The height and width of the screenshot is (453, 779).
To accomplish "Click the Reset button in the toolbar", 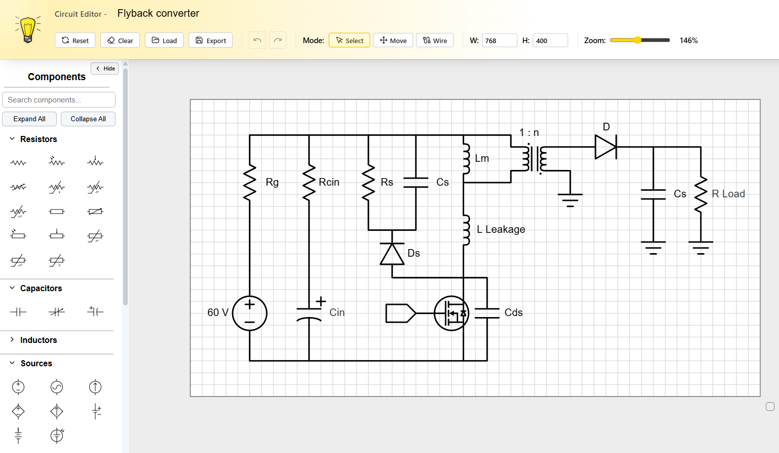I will point(75,41).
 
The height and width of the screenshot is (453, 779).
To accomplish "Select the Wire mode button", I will point(435,41).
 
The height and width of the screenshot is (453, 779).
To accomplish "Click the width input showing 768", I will point(499,41).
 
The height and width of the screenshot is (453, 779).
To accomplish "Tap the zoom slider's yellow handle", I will point(638,40).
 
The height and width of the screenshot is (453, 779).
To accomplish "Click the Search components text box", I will point(59,100).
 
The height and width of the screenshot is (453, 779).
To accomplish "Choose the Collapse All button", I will point(88,119).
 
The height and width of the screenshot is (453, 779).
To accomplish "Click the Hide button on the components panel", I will point(105,68).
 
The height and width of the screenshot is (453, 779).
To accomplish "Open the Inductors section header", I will point(39,340).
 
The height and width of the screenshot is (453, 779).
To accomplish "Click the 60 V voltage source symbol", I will point(249,313).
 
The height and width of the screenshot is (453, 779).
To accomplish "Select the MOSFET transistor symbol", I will point(451,313).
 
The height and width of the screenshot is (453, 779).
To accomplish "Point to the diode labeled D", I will point(605,147).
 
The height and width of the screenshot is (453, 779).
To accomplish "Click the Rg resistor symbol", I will point(249,183).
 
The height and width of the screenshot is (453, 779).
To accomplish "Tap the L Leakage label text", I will point(501,229).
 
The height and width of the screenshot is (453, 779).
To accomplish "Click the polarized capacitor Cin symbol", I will point(309,313).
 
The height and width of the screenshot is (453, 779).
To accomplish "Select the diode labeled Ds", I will point(392,254).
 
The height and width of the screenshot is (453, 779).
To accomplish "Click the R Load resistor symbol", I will point(700,194).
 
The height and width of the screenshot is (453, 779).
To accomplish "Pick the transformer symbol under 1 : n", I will point(534,159).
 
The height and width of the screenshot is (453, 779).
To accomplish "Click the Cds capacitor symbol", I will point(487,313).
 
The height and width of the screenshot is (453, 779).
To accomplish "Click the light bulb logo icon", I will point(28,29).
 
